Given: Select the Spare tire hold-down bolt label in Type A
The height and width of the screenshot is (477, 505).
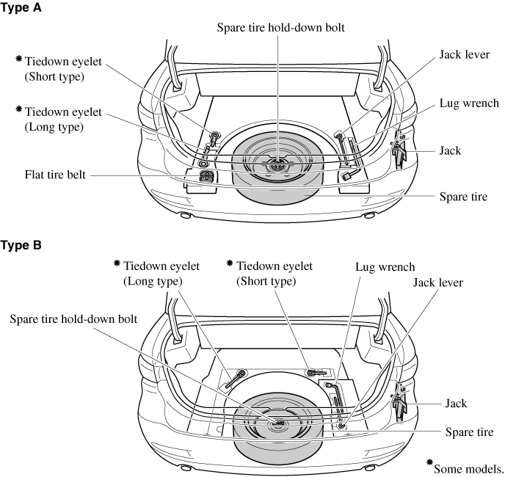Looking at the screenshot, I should pyautogui.click(x=280, y=28).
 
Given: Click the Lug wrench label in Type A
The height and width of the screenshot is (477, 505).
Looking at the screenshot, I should pyautogui.click(x=469, y=103).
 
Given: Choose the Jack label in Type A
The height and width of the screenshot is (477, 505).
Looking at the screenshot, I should pyautogui.click(x=471, y=150).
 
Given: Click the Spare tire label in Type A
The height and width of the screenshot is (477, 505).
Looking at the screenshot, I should pyautogui.click(x=463, y=197).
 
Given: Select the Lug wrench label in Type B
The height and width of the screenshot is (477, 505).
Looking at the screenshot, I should pyautogui.click(x=385, y=267).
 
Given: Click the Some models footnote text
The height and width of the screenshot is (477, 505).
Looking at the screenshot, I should pyautogui.click(x=468, y=467).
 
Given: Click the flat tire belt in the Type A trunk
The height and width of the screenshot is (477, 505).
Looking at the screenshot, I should pyautogui.click(x=206, y=177).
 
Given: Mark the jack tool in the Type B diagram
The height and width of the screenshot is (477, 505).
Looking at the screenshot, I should pyautogui.click(x=399, y=402).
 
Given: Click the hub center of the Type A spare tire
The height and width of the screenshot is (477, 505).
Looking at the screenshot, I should pyautogui.click(x=277, y=169).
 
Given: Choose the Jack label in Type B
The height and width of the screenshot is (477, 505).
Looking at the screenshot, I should pyautogui.click(x=456, y=404).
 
